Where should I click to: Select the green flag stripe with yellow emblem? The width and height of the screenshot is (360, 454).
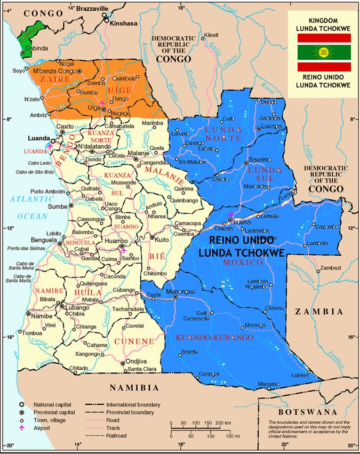(323, 52)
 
